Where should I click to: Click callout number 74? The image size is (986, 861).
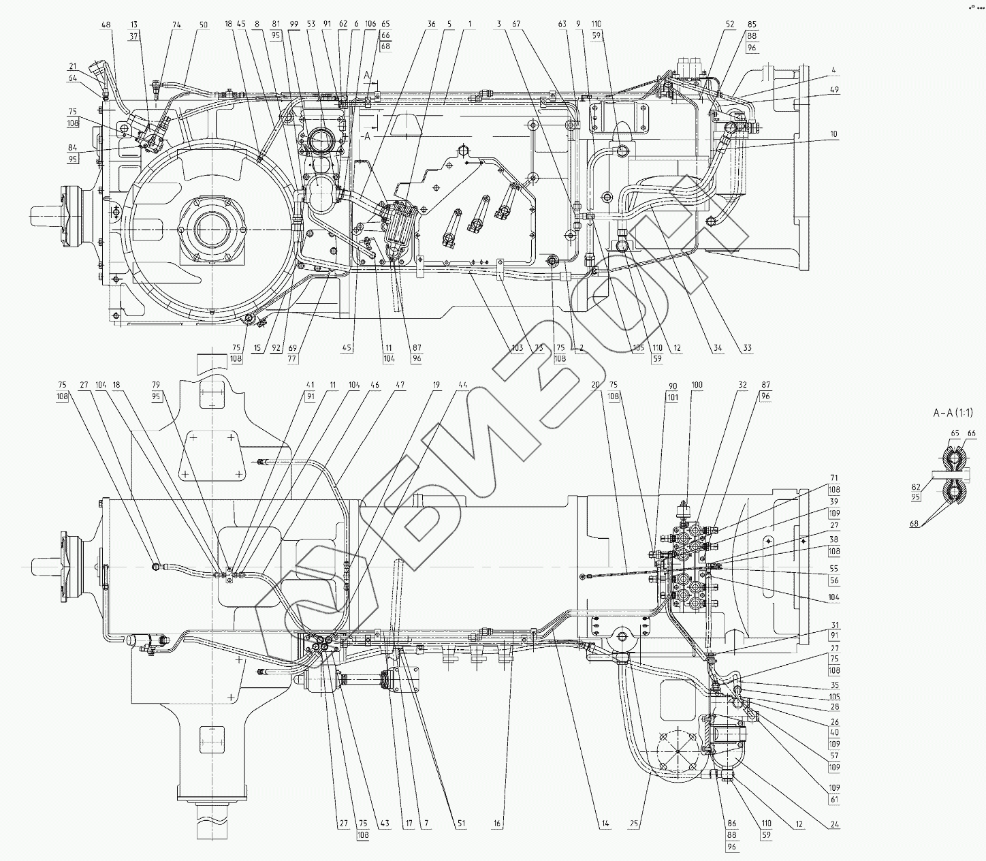[158, 25]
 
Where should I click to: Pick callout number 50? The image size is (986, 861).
[184, 25]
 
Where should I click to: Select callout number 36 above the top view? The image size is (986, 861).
[431, 25]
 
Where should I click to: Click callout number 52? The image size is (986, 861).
[730, 25]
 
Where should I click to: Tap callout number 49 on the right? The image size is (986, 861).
[835, 89]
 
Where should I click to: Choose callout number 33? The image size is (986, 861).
[747, 348]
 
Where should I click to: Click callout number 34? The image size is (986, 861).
[717, 348]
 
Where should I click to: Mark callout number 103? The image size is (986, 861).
[518, 348]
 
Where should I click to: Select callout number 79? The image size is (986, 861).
[156, 385]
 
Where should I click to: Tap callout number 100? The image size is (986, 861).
[696, 385]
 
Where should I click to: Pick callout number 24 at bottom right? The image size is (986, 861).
[835, 825]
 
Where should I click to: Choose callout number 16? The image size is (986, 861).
[498, 824]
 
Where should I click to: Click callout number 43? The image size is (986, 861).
[385, 824]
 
